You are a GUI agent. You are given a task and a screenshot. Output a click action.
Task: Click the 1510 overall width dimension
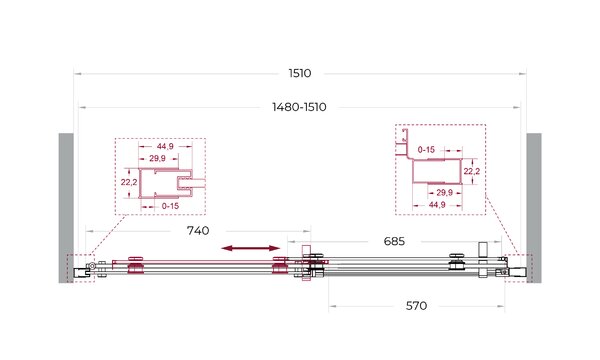(x=300, y=73)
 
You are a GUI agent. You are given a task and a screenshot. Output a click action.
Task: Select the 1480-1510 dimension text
(x=299, y=107)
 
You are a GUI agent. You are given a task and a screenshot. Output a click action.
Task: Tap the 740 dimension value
(x=198, y=231)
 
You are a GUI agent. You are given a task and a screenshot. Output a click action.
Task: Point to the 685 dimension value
(x=394, y=241)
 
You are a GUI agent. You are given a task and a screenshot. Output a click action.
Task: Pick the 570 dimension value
(x=416, y=306)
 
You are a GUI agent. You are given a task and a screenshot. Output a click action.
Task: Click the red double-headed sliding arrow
(x=251, y=248)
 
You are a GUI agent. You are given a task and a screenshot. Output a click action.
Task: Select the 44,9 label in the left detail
(x=165, y=146)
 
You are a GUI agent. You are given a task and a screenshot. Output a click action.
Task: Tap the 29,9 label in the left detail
(x=157, y=158)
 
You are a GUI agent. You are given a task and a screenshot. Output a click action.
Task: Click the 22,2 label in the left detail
(x=129, y=182)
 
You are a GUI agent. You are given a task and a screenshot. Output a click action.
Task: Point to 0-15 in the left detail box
(x=170, y=206)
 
